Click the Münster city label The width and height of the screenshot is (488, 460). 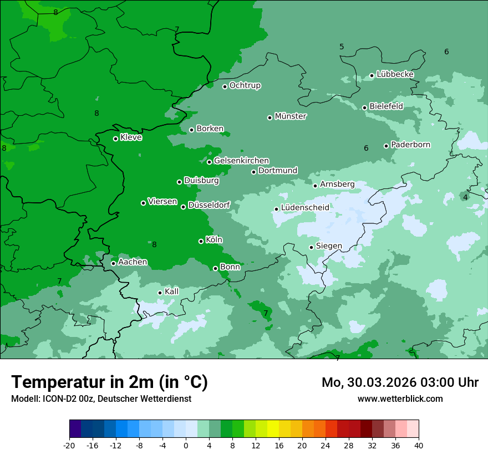pyautogui.click(x=291, y=116)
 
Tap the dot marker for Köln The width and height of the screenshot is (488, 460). pyautogui.click(x=201, y=241)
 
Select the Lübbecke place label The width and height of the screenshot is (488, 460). pyautogui.click(x=395, y=74)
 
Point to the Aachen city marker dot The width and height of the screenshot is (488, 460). pyautogui.click(x=113, y=263)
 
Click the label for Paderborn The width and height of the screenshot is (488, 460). pyautogui.click(x=410, y=145)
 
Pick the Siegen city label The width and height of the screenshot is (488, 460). pyautogui.click(x=329, y=246)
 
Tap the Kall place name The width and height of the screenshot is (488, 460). pyautogui.click(x=172, y=292)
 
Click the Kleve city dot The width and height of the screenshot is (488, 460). pyautogui.click(x=115, y=139)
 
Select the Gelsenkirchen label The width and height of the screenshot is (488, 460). pyautogui.click(x=241, y=161)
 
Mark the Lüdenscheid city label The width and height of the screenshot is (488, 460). pyautogui.click(x=305, y=208)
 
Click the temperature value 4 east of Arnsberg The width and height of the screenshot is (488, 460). pyautogui.click(x=465, y=197)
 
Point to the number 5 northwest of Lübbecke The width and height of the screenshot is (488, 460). pyautogui.click(x=342, y=47)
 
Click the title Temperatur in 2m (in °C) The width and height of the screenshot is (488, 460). pyautogui.click(x=109, y=382)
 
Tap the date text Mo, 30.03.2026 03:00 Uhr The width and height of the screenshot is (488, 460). pyautogui.click(x=400, y=382)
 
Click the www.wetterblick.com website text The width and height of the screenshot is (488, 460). pyautogui.click(x=400, y=398)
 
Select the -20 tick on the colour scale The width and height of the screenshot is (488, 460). pyautogui.click(x=69, y=445)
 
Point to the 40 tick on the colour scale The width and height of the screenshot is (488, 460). pyautogui.click(x=419, y=445)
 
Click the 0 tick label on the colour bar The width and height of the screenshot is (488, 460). pyautogui.click(x=186, y=445)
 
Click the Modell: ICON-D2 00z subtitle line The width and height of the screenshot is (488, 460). pyautogui.click(x=101, y=398)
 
